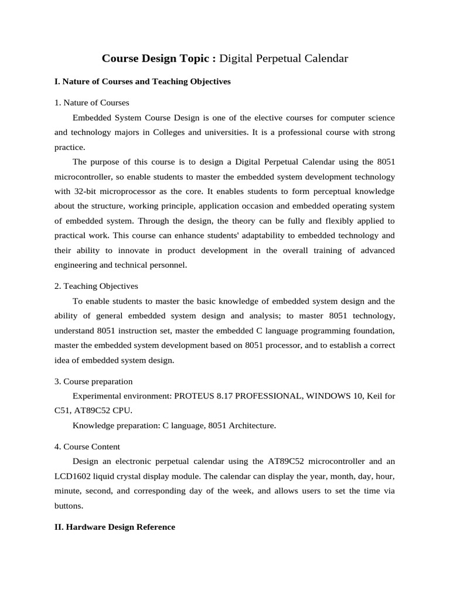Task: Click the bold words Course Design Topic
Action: click(x=159, y=58)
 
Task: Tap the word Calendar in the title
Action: click(x=326, y=58)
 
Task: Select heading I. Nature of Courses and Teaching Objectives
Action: click(x=142, y=81)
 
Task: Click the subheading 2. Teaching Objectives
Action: click(x=96, y=286)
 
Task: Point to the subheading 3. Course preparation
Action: click(x=93, y=381)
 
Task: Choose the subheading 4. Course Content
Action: click(x=87, y=446)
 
